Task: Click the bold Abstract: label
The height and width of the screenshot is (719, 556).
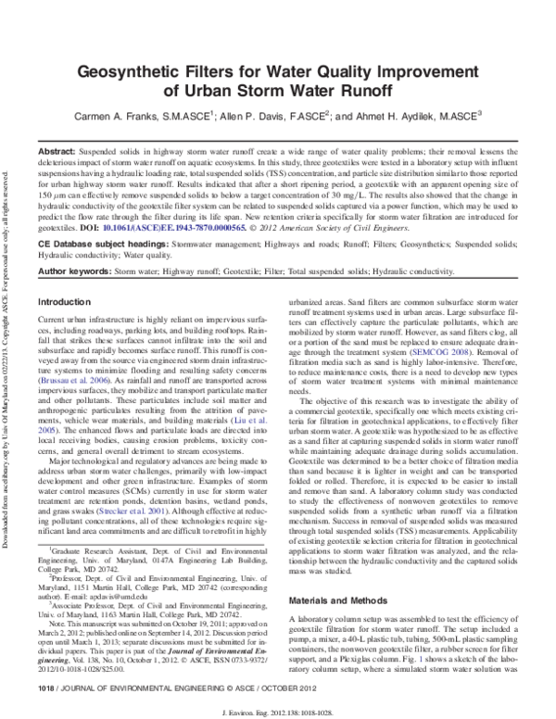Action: click(57, 150)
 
